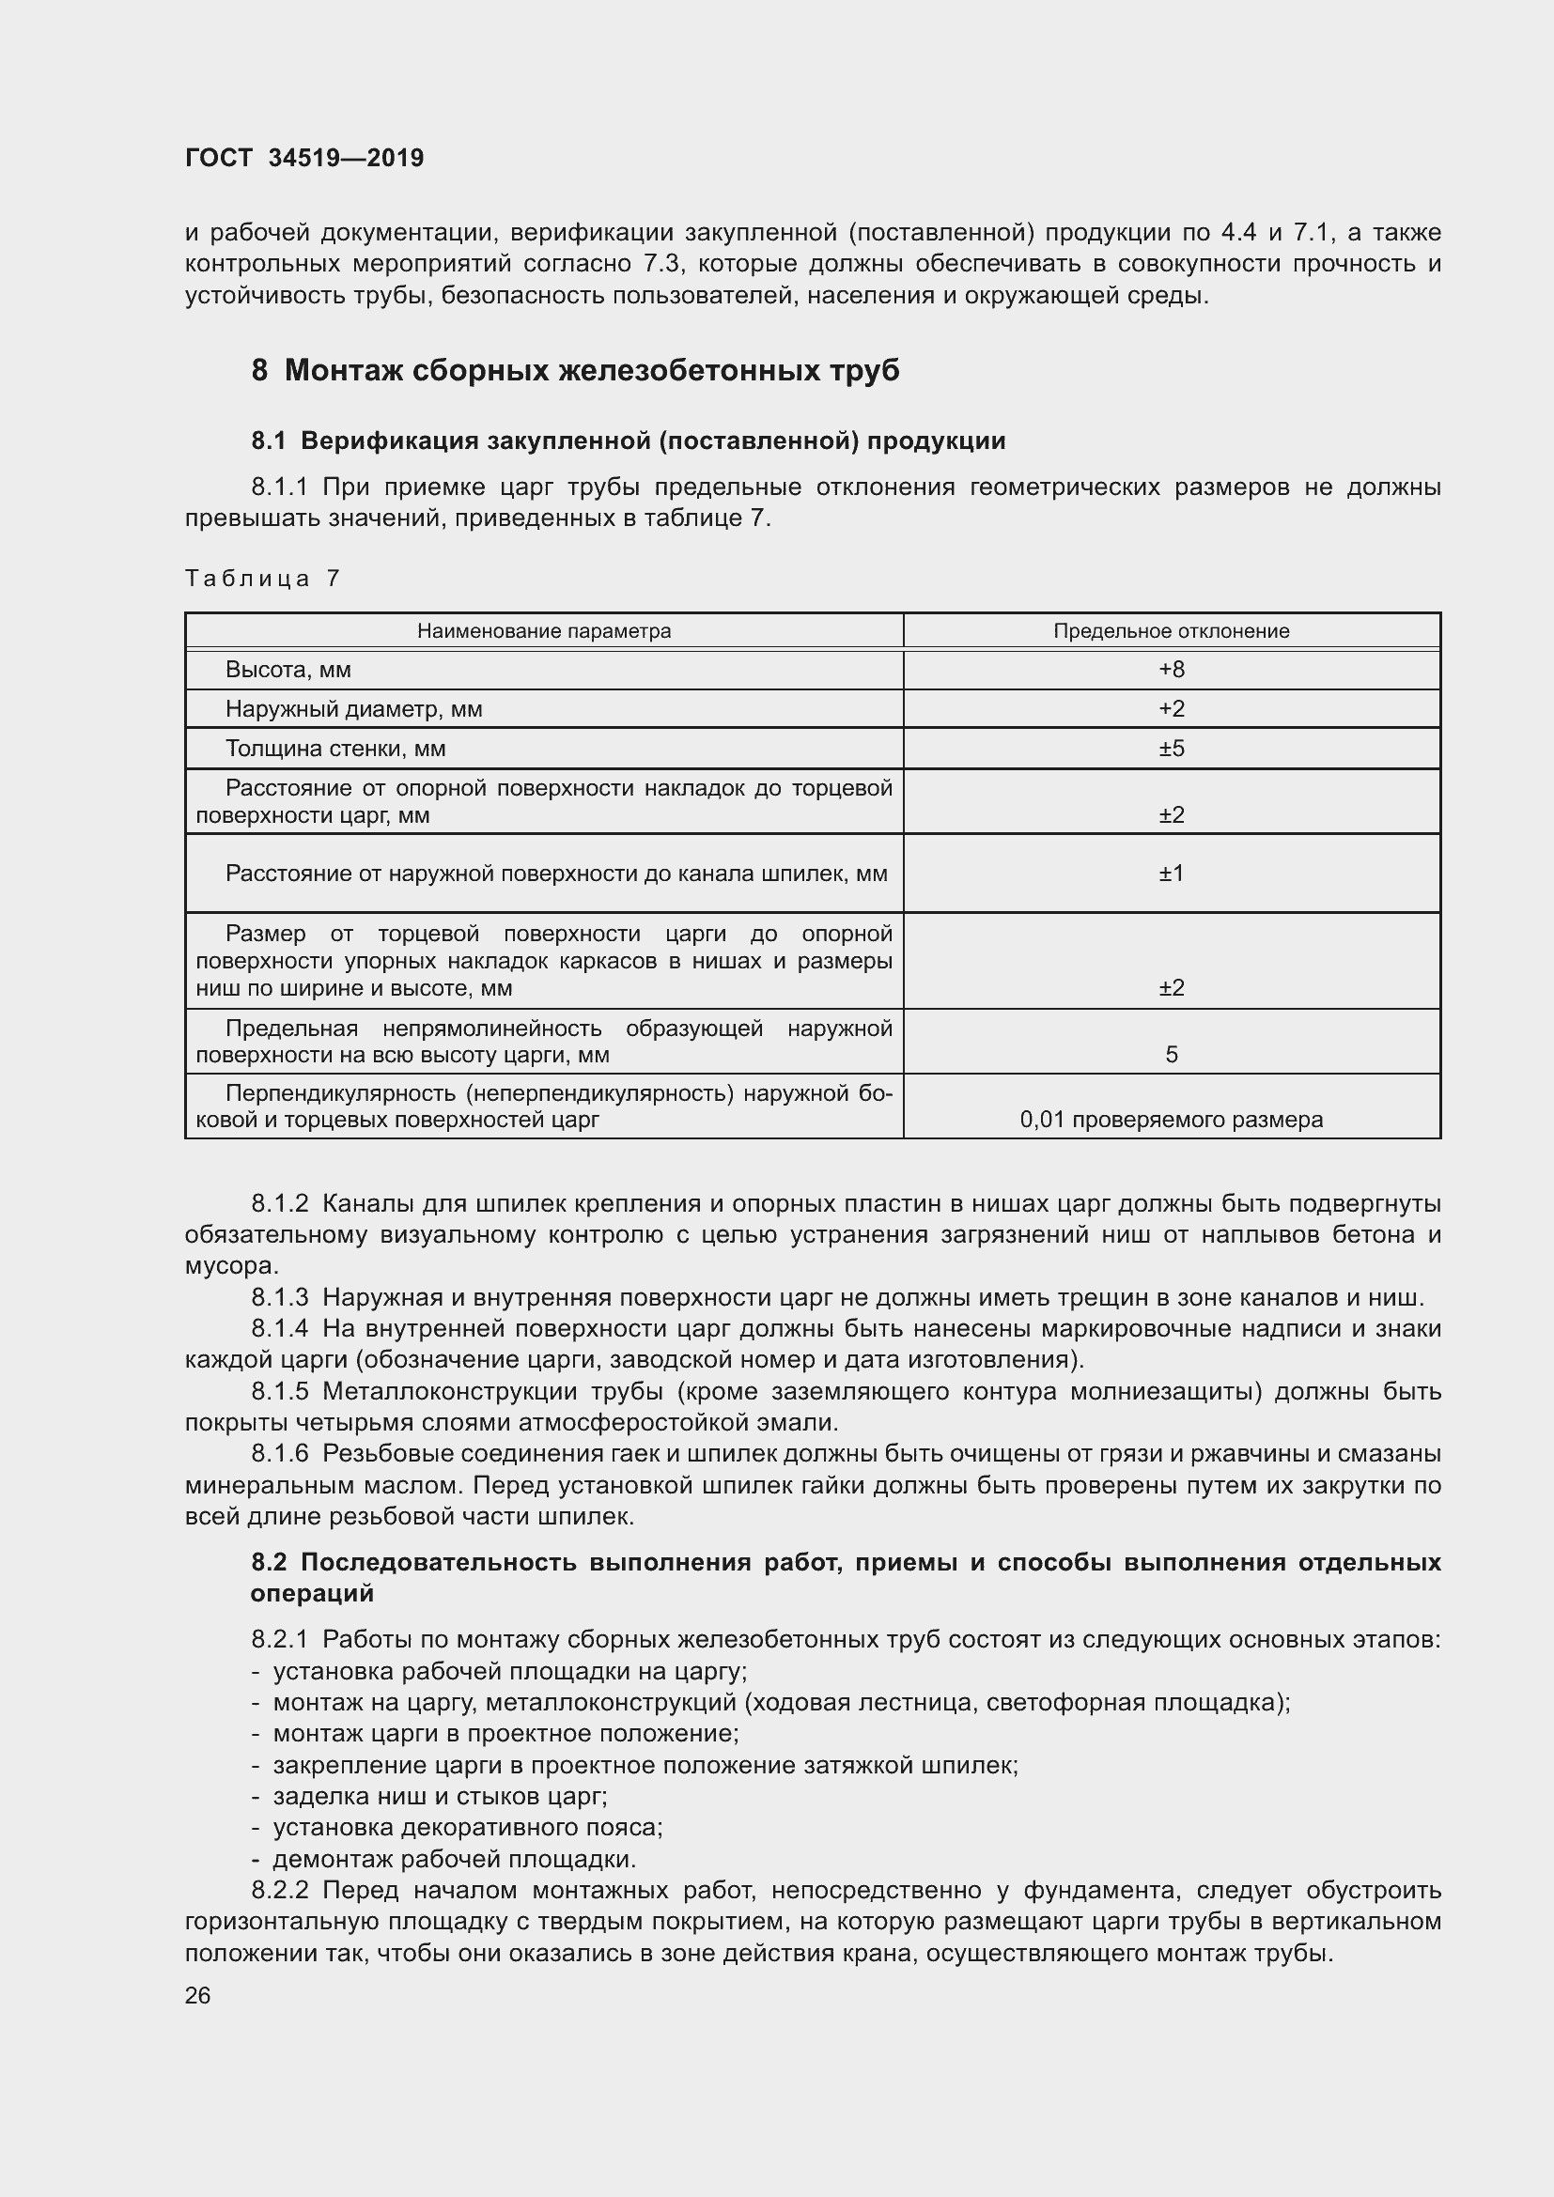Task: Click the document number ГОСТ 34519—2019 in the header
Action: click(303, 158)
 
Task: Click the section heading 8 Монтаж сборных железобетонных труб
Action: click(575, 370)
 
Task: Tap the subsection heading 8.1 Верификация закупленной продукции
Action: click(628, 441)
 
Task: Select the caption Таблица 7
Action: click(262, 578)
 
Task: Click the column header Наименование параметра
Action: click(543, 631)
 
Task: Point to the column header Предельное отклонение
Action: click(1172, 631)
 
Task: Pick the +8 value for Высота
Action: click(1172, 670)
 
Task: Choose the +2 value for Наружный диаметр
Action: click(1172, 709)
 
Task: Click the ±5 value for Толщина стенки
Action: click(1172, 749)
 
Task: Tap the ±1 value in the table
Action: click(1172, 874)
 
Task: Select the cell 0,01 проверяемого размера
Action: click(1172, 1120)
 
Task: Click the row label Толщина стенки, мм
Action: click(334, 749)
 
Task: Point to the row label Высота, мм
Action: click(288, 670)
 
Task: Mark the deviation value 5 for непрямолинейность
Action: click(1172, 1055)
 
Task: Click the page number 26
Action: click(197, 1995)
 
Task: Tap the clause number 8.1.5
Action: click(279, 1391)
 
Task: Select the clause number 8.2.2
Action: click(279, 1890)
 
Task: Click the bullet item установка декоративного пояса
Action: click(467, 1828)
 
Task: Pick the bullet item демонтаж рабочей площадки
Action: click(454, 1859)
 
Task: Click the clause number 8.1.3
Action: click(279, 1297)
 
